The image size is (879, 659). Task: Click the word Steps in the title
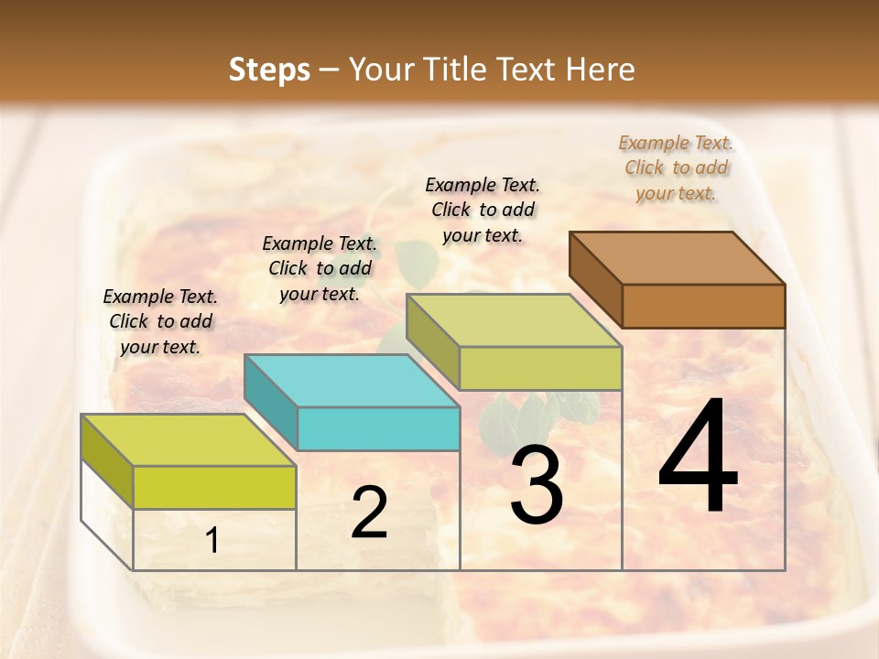(x=268, y=70)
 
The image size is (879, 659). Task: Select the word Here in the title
(x=599, y=70)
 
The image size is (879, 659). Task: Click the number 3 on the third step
(x=537, y=485)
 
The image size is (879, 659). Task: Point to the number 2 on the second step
(x=369, y=513)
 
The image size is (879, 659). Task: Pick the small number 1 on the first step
(x=212, y=541)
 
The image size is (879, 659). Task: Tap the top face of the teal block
(x=352, y=380)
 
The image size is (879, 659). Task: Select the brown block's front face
(x=703, y=306)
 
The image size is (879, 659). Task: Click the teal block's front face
(x=378, y=429)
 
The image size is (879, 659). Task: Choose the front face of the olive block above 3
(x=540, y=368)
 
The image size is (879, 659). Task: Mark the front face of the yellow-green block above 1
(x=214, y=487)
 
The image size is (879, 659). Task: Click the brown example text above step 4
(x=676, y=167)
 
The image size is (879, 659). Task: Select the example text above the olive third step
(x=483, y=210)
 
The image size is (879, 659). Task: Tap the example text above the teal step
(x=320, y=268)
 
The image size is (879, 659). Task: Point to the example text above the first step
(x=160, y=321)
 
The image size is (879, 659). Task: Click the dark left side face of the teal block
(x=271, y=401)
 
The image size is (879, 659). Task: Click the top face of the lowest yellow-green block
(x=188, y=439)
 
